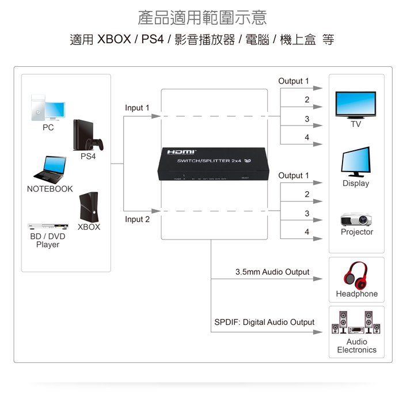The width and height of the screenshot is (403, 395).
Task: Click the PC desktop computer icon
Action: (47, 108)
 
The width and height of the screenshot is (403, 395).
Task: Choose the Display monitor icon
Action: (356, 161)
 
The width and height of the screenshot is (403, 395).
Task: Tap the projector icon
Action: (356, 219)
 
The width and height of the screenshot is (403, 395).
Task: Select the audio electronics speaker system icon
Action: (356, 323)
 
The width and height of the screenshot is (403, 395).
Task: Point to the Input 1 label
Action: (137, 108)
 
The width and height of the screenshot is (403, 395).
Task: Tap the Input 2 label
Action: (137, 219)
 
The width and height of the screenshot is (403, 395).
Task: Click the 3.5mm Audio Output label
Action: (272, 272)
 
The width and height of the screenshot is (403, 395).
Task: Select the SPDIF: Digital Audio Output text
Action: (264, 322)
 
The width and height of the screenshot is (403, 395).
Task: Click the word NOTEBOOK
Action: (50, 189)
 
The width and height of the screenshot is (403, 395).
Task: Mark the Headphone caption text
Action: (357, 294)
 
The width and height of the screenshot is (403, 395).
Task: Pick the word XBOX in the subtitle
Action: (115, 40)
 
